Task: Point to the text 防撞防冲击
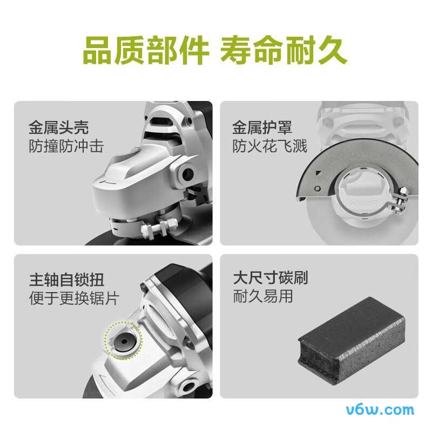[x=65, y=146]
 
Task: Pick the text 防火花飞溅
[x=269, y=146]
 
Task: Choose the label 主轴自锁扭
[x=66, y=280]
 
